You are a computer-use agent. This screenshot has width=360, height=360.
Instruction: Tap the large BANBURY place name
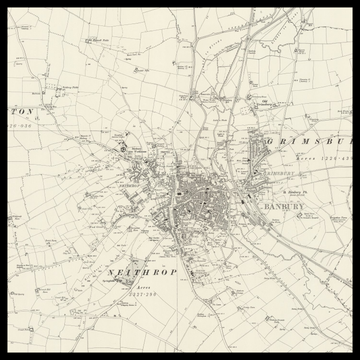point(286,207)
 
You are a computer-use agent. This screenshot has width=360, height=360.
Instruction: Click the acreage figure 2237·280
point(139,297)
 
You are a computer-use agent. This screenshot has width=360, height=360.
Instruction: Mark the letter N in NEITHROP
point(109,271)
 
